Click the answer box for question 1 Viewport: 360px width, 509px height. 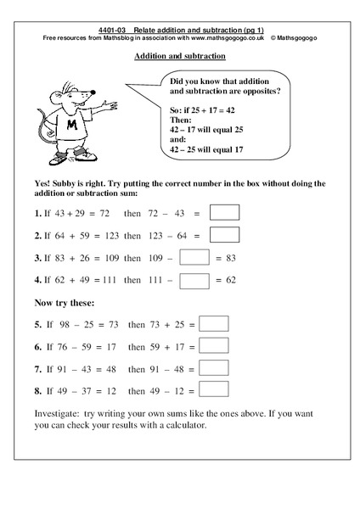click(x=225, y=211)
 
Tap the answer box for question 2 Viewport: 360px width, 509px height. click(x=225, y=233)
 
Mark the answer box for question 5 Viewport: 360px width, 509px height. click(x=214, y=323)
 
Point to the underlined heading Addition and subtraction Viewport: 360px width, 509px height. click(x=179, y=57)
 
